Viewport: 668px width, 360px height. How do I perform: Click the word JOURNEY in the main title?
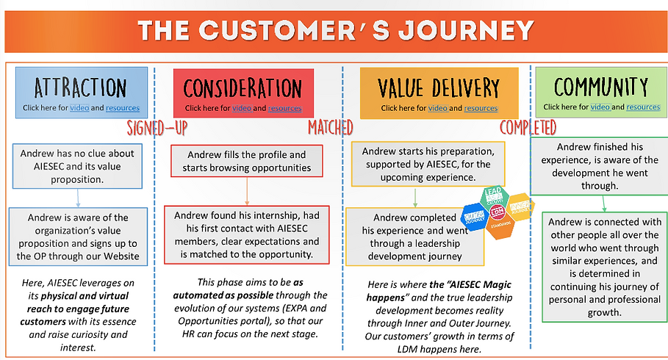point(462,31)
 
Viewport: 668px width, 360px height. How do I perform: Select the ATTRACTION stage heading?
point(81,88)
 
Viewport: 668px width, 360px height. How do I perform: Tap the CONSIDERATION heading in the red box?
point(243,88)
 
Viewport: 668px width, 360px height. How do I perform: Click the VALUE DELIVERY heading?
point(439,88)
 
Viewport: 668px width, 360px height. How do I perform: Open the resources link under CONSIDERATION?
point(284,109)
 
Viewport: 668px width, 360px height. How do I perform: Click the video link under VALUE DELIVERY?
point(438,109)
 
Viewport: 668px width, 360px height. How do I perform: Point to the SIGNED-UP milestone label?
point(157,127)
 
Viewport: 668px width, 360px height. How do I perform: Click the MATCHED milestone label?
point(331,127)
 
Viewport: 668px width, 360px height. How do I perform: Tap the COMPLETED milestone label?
point(528,127)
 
